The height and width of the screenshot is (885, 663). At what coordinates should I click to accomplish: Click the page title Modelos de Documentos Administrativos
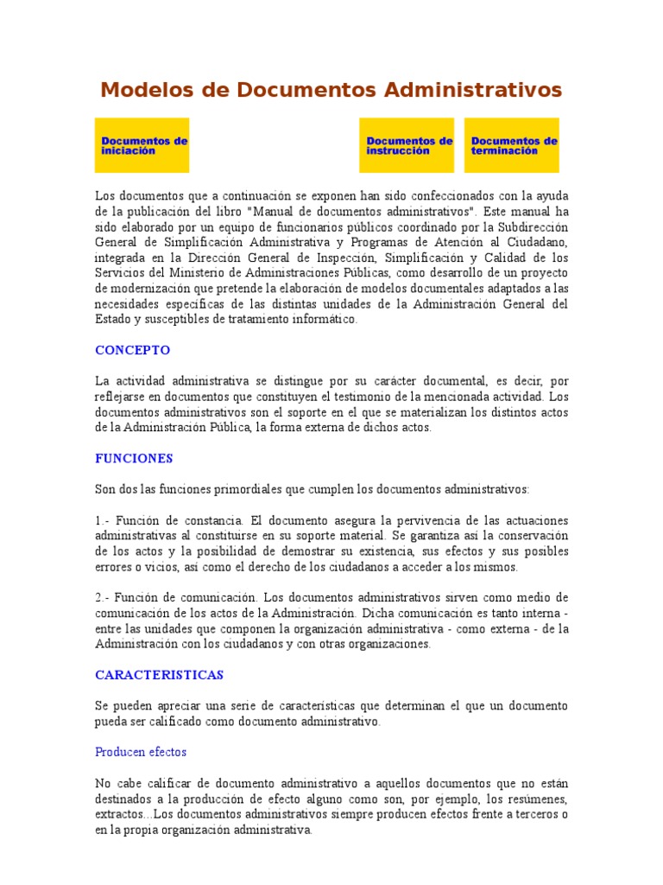[331, 90]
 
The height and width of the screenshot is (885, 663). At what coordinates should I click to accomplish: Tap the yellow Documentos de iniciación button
[142, 145]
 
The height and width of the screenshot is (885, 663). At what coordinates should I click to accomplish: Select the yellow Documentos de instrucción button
[407, 145]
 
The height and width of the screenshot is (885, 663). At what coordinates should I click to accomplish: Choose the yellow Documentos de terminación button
[512, 145]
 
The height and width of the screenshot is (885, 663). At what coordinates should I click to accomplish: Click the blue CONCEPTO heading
[132, 350]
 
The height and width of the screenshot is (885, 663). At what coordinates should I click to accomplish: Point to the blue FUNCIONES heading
[134, 458]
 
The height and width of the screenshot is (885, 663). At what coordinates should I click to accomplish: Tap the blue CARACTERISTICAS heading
[159, 674]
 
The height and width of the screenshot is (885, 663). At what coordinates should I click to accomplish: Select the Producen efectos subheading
[141, 752]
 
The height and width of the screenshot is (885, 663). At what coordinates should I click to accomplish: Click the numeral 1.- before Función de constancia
[103, 520]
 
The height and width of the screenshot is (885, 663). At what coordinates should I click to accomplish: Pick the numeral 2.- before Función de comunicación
[103, 598]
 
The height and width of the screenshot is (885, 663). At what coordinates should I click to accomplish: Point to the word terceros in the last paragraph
[531, 814]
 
